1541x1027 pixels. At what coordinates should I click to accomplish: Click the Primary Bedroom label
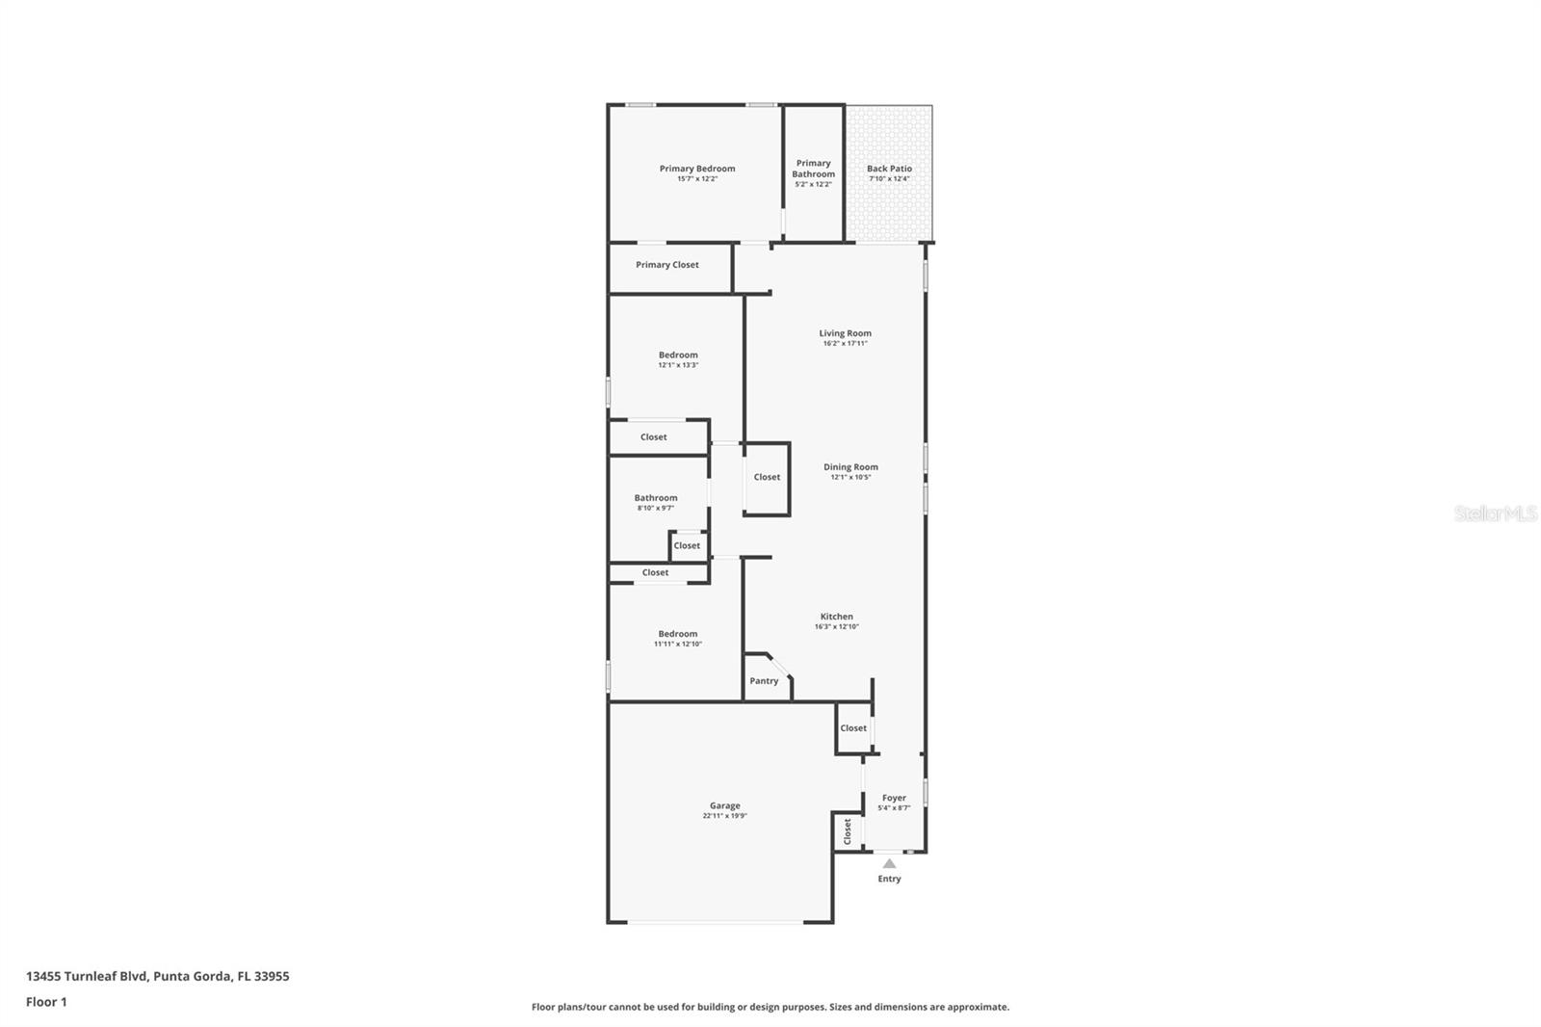coord(696,169)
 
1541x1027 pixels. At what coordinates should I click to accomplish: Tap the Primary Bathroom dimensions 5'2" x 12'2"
coord(813,184)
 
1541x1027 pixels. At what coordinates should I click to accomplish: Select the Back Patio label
coord(889,169)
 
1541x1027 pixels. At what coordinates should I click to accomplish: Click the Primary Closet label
coord(667,265)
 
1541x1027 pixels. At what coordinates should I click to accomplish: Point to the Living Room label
coord(845,333)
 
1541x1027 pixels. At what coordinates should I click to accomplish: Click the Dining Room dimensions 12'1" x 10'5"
coord(850,477)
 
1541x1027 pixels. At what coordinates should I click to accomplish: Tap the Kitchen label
coord(836,617)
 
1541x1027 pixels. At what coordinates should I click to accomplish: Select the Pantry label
coord(764,681)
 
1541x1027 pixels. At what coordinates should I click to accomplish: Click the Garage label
coord(724,805)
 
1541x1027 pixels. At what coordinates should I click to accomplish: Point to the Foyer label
coord(894,798)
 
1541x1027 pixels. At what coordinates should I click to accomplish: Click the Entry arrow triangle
coord(889,863)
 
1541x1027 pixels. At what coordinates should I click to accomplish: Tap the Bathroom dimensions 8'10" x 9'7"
coord(655,508)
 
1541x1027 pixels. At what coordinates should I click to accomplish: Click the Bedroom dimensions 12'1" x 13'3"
coord(678,365)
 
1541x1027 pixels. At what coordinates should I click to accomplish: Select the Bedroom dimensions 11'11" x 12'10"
coord(678,644)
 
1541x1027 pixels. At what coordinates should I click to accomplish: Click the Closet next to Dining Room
coord(767,477)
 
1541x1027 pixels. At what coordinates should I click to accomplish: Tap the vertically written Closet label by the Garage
coord(848,830)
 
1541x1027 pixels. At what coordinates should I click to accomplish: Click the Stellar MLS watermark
coord(1495,514)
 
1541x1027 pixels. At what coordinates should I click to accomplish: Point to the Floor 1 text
coord(46,1002)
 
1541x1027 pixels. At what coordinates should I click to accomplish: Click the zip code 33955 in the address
coord(270,976)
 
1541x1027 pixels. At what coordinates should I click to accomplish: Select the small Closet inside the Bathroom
coord(687,545)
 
